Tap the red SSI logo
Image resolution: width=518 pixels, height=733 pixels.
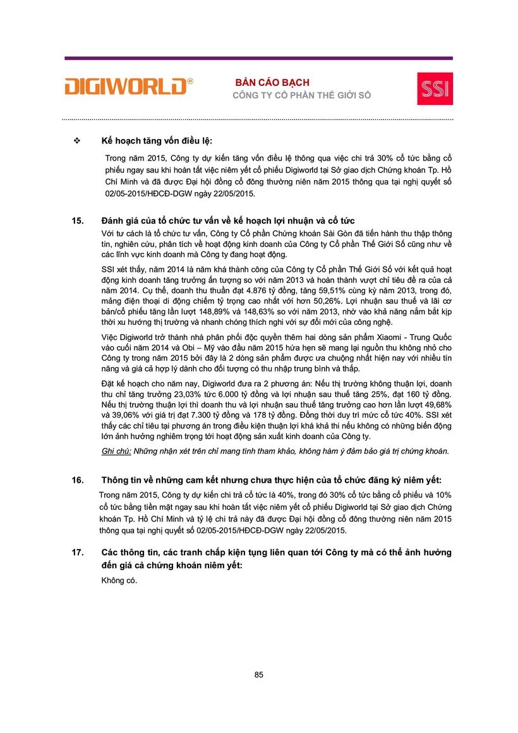click(x=435, y=88)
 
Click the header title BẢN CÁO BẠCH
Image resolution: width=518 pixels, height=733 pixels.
click(x=272, y=83)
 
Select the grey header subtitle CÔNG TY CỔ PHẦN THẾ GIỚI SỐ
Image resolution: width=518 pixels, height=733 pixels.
click(x=302, y=95)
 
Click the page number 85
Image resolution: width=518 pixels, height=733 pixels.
click(x=258, y=674)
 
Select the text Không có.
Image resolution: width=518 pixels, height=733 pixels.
click(x=119, y=580)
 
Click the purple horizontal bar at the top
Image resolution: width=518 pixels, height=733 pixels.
click(x=258, y=58)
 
